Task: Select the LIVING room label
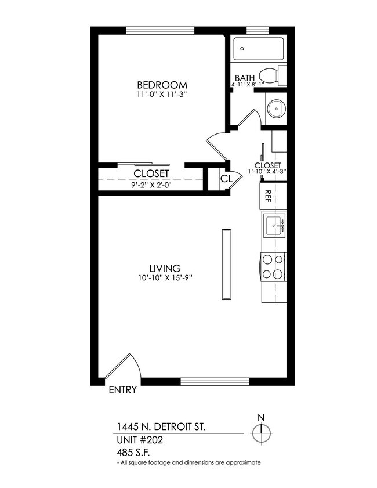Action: [x=165, y=268]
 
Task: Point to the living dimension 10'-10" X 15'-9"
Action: [x=165, y=278]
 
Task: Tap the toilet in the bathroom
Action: [x=271, y=75]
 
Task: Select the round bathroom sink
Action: [x=276, y=107]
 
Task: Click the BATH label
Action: [x=245, y=78]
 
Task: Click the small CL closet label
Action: [x=226, y=179]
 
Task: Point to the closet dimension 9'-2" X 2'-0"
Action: [x=151, y=186]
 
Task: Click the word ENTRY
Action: [x=122, y=390]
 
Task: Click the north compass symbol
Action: [x=261, y=432]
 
